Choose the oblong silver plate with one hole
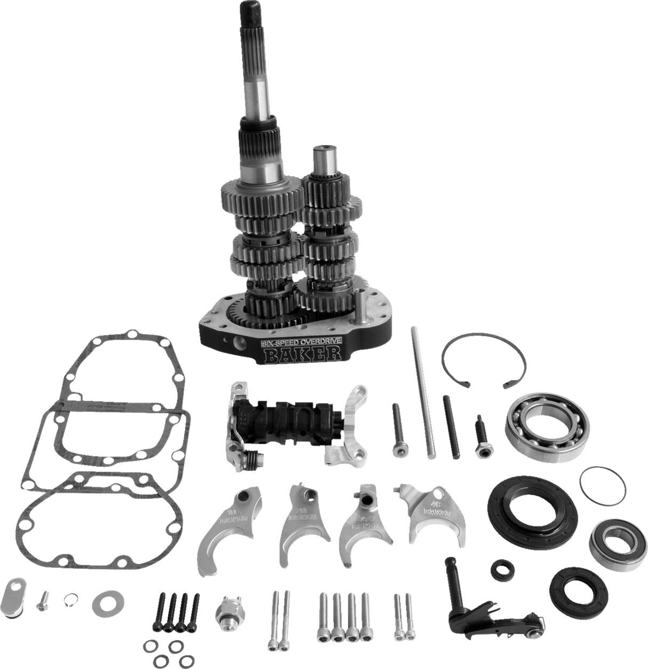coord(14,593)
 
